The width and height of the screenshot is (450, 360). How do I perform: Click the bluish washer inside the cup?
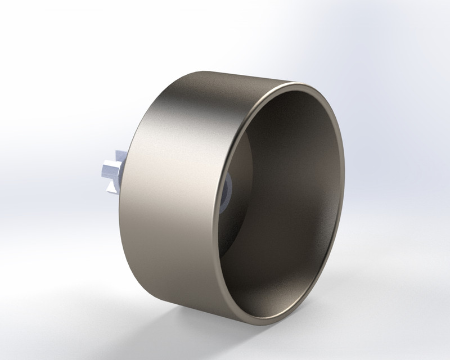(x=228, y=192)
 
